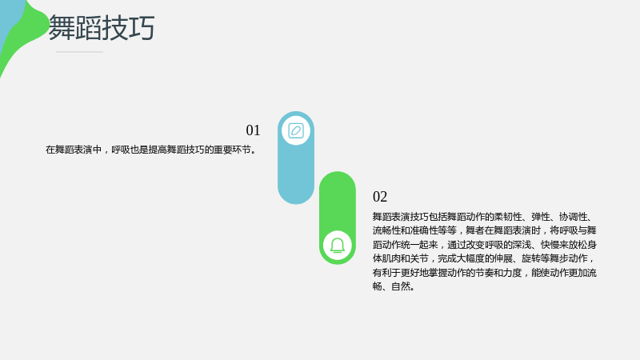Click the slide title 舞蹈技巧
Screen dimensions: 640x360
[102, 27]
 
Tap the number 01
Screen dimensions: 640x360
[253, 130]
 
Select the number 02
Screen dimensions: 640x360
[380, 197]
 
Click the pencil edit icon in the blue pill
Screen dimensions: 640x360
[296, 130]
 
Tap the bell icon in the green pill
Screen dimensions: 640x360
[338, 246]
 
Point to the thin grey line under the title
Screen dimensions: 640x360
[79, 52]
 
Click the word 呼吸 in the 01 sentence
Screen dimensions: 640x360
[121, 150]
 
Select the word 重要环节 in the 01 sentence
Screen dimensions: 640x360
[232, 150]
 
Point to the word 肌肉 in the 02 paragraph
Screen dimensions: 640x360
[391, 258]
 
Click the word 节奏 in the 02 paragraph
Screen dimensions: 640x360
[485, 272]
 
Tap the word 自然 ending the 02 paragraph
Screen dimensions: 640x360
[401, 286]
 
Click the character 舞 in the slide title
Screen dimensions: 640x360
[62, 27]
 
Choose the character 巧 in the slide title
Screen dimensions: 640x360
[142, 27]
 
